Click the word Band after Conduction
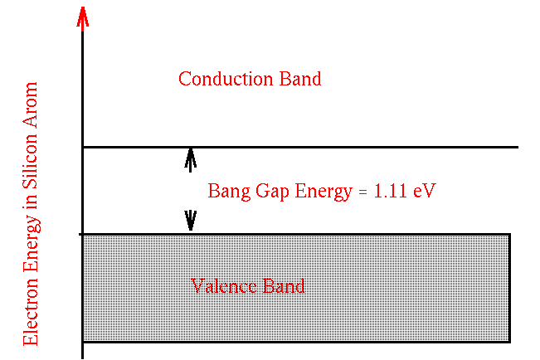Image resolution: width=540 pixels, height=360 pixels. click(x=299, y=80)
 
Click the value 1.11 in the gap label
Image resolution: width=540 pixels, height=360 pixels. click(x=389, y=192)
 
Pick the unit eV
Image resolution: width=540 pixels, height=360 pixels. click(x=425, y=192)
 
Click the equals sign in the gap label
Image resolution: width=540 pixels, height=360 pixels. click(x=361, y=192)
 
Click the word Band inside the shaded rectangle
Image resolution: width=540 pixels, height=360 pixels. click(x=284, y=287)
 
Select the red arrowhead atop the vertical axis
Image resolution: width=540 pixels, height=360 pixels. click(x=81, y=17)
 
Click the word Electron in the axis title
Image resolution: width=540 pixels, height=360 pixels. click(x=31, y=314)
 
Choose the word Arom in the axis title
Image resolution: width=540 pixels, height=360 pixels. click(x=31, y=102)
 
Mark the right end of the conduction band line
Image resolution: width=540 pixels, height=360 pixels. click(x=517, y=147)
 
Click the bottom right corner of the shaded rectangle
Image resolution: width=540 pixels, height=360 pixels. click(x=509, y=341)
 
